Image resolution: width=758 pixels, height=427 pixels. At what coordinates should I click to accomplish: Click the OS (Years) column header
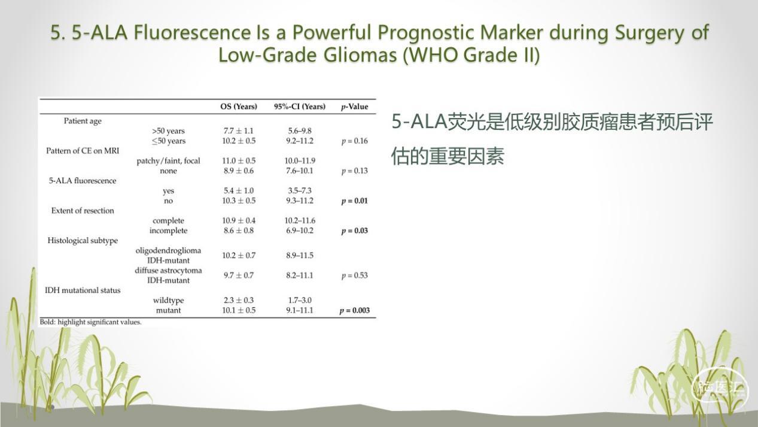(x=238, y=107)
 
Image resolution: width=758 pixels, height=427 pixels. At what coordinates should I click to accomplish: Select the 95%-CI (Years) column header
(x=300, y=107)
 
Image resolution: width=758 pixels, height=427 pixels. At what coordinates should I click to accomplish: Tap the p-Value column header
(x=355, y=107)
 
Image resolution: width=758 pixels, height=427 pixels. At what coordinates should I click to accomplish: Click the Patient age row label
(x=83, y=121)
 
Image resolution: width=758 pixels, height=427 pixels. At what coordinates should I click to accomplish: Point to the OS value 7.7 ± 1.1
(x=238, y=131)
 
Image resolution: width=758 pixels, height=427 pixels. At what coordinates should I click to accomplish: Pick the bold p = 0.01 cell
(x=354, y=201)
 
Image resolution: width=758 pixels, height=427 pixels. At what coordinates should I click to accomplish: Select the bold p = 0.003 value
(x=354, y=310)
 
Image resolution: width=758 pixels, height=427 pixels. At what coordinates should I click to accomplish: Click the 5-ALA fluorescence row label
(x=83, y=180)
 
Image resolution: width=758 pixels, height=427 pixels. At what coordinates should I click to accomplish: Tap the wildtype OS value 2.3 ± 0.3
(x=238, y=300)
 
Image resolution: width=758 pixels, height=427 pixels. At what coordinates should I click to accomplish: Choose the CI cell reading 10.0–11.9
(x=300, y=160)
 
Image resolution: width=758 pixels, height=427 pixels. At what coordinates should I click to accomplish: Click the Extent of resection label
(x=83, y=210)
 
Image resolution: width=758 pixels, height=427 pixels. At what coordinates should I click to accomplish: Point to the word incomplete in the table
(x=168, y=231)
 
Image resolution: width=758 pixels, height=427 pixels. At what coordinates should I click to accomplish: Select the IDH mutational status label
(x=83, y=290)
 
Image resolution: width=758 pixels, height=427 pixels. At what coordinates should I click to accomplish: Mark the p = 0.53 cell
(x=354, y=275)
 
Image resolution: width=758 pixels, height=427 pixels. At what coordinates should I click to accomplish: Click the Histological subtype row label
(x=83, y=240)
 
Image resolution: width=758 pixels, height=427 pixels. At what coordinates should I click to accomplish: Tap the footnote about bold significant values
(x=90, y=322)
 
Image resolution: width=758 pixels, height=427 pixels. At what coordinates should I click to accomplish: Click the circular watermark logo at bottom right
(x=720, y=388)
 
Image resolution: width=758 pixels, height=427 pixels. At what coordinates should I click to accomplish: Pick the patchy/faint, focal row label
(x=168, y=160)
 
